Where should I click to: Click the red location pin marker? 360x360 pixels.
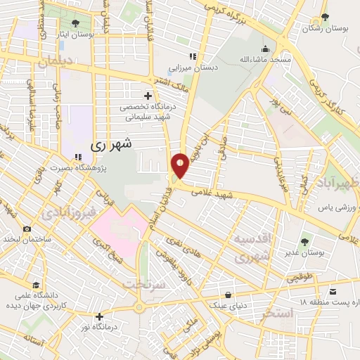point(181,165)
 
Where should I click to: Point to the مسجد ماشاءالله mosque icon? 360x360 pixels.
point(265,49)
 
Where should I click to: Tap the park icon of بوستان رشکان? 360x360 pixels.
point(324,18)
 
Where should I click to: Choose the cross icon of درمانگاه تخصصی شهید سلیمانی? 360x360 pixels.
point(147,95)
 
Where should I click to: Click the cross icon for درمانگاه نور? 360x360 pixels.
point(100,316)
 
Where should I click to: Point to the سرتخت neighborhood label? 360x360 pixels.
point(144,284)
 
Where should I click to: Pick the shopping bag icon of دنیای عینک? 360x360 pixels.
point(229,295)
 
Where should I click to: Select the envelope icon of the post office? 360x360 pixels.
point(332,289)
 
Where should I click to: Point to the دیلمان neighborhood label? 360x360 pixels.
point(56,62)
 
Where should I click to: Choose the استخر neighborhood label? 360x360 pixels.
point(275,314)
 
